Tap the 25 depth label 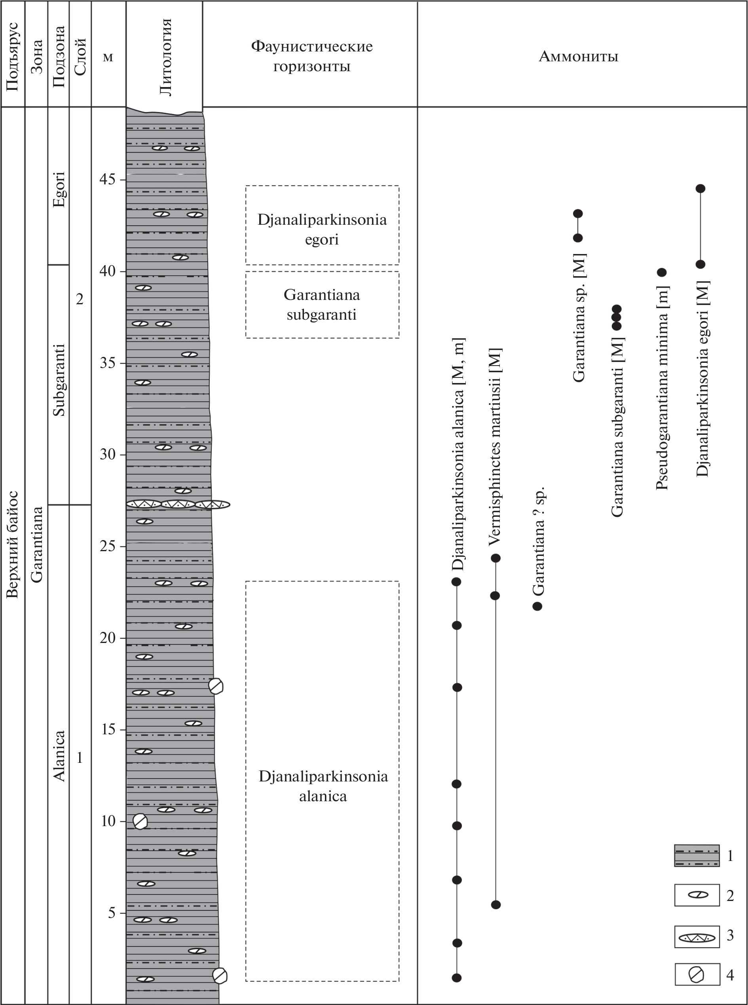click(108, 546)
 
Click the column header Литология click(166, 57)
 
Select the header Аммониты click(578, 57)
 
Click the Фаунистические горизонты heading click(311, 56)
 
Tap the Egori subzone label click(59, 189)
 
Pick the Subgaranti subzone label click(59, 380)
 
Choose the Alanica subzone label click(59, 756)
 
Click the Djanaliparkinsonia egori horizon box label click(322, 229)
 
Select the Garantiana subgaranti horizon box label click(322, 304)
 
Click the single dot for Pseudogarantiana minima click(661, 273)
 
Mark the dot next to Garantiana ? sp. click(537, 606)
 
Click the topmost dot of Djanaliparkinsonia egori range click(701, 189)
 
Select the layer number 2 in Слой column click(80, 299)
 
